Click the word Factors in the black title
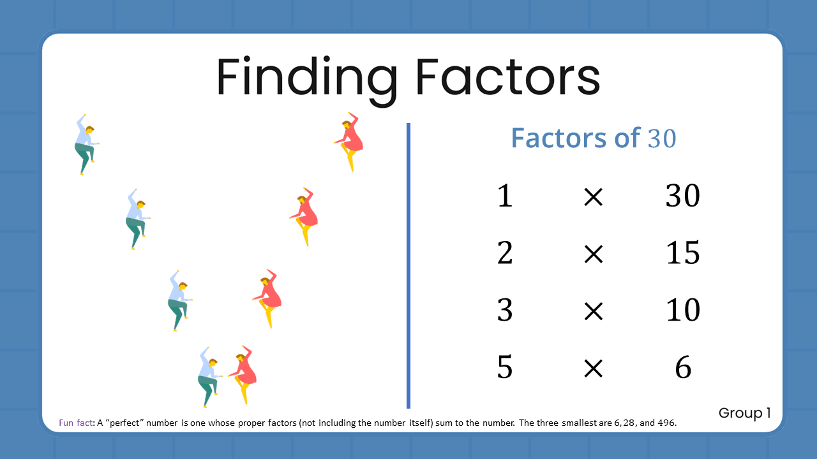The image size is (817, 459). (x=507, y=77)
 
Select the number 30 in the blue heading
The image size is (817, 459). (x=662, y=138)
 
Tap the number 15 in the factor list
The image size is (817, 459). (x=682, y=253)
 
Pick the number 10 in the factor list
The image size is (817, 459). (x=682, y=310)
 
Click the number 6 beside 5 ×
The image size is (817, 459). (x=683, y=368)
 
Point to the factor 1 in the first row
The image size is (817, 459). (x=505, y=196)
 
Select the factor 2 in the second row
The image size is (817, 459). (x=505, y=253)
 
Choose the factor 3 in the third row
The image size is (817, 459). (x=505, y=310)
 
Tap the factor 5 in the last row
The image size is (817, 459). (x=505, y=368)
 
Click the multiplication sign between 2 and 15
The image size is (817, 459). (x=594, y=254)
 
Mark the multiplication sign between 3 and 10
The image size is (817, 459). (x=594, y=312)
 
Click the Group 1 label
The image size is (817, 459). (x=744, y=413)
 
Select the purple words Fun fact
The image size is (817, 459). (x=75, y=423)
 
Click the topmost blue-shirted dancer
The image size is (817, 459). (x=85, y=145)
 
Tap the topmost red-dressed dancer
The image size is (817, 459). (x=350, y=141)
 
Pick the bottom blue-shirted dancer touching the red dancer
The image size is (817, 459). (x=208, y=376)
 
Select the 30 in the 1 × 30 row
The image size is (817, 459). (x=682, y=196)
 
